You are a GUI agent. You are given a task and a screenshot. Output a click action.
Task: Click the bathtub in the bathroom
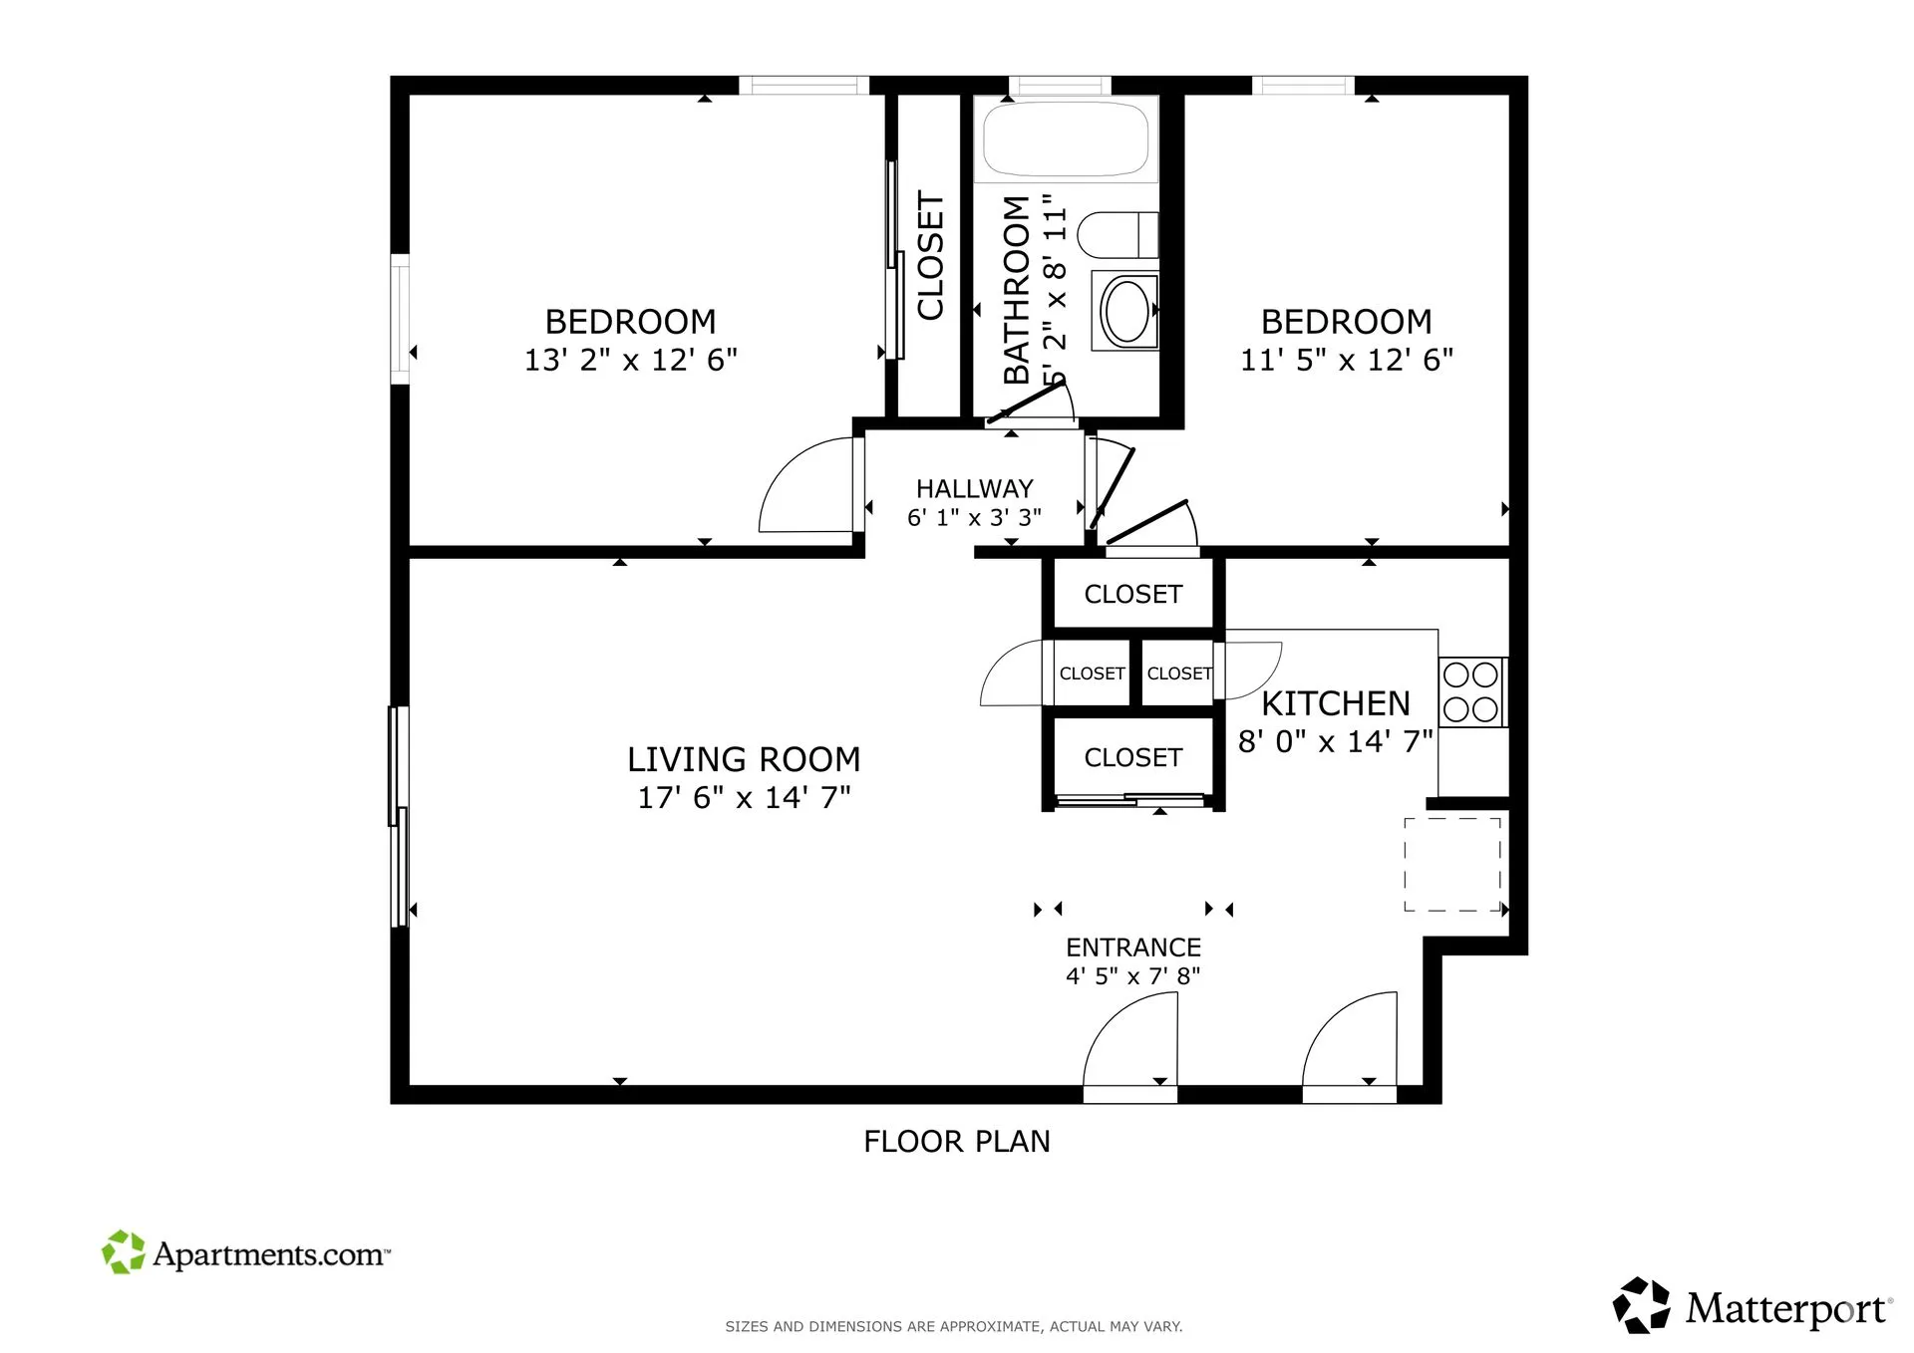(1065, 139)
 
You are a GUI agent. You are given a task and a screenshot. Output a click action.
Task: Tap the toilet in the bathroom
(1116, 234)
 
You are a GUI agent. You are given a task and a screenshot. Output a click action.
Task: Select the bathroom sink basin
(1126, 311)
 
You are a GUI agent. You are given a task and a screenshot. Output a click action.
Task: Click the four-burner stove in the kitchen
(1471, 691)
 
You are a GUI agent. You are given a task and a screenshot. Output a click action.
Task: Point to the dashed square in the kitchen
(1452, 864)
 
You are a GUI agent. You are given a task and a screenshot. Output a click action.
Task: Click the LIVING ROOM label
(744, 759)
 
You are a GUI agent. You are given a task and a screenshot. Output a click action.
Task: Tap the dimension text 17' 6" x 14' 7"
(744, 797)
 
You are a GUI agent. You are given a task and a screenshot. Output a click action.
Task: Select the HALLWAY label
(974, 488)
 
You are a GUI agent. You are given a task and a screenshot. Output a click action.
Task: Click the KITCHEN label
(1336, 703)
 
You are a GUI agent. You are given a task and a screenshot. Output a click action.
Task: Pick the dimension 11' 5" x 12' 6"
(1346, 360)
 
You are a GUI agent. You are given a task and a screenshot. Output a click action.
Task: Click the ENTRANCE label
(1133, 947)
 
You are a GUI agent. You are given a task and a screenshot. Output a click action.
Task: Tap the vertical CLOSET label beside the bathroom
(930, 256)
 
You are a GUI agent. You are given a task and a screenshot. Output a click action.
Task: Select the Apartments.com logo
(246, 1252)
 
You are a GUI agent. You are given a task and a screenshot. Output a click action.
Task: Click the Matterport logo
(1752, 1306)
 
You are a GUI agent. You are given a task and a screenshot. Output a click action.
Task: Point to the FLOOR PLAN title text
(957, 1141)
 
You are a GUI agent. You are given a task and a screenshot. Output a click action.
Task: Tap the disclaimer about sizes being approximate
(953, 1326)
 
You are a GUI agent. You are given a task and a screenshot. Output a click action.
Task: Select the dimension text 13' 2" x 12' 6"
(630, 360)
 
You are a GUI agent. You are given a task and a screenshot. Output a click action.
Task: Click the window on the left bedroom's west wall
(400, 319)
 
